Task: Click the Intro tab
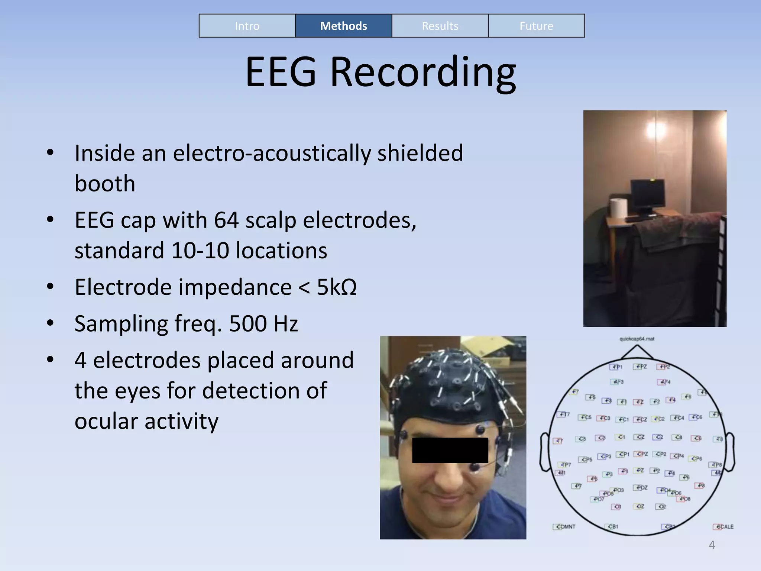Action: point(247,26)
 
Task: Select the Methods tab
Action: point(343,26)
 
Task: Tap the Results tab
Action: point(440,26)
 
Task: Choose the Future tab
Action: point(536,26)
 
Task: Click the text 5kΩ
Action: point(337,287)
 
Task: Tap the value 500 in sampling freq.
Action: point(247,323)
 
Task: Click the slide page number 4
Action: point(712,545)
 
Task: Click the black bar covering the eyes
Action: point(450,450)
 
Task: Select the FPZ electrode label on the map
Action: point(641,367)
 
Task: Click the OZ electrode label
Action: point(639,506)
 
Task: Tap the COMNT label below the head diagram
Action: point(565,527)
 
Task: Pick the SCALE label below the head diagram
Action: point(723,527)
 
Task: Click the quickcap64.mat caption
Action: point(637,339)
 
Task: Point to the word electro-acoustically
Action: point(272,153)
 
